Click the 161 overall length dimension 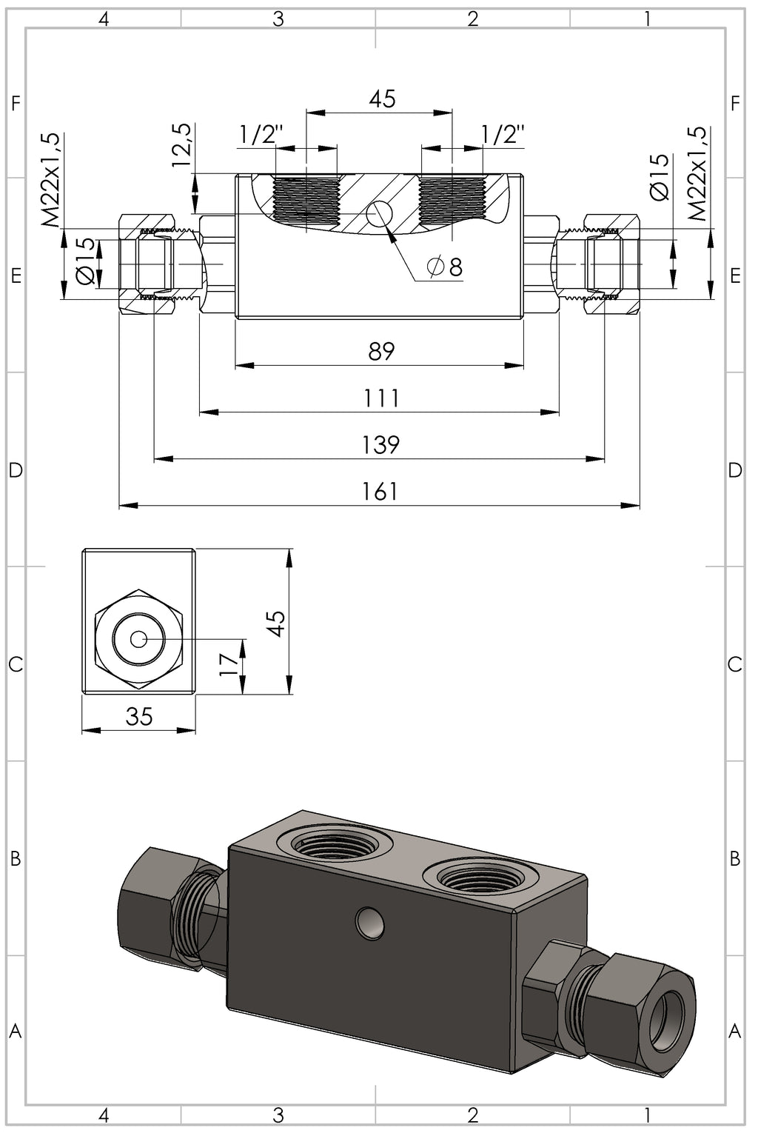(x=380, y=491)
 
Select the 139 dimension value (x=380, y=444)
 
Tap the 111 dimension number (x=381, y=398)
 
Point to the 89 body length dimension (x=381, y=351)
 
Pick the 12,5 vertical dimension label (x=183, y=145)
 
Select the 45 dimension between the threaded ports (x=382, y=98)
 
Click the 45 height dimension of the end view (x=276, y=623)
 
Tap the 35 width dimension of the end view (x=139, y=716)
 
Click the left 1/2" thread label (x=261, y=135)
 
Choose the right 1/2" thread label (x=503, y=135)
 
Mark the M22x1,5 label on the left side (x=50, y=180)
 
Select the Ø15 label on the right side (x=659, y=177)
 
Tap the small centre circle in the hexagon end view (x=138, y=638)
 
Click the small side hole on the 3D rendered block (x=369, y=922)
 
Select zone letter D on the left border (x=15, y=470)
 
